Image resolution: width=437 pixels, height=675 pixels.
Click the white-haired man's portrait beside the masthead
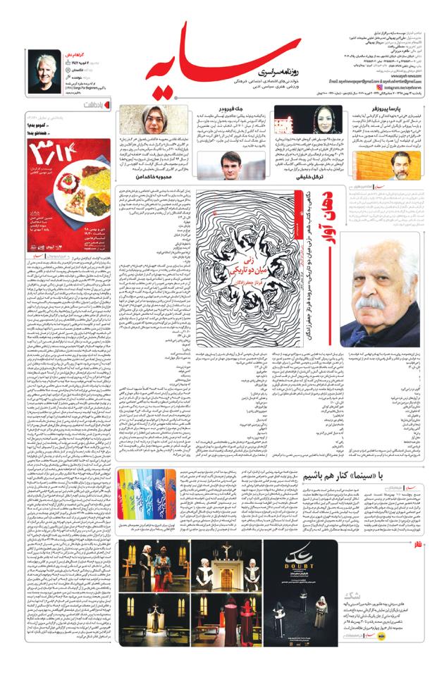click(x=47, y=69)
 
